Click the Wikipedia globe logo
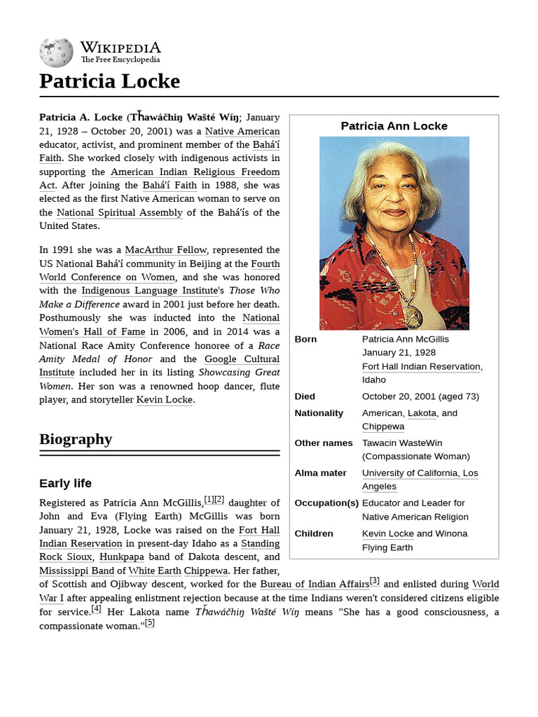(56, 52)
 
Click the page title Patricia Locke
(109, 81)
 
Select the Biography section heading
(76, 439)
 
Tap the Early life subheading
(65, 483)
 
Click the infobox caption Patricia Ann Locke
(394, 126)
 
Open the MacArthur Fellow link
(166, 250)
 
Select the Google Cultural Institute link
(242, 359)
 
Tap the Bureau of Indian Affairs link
(314, 584)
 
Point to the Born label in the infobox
(305, 339)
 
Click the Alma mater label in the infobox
(320, 473)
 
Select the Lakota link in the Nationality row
(422, 413)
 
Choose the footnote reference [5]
(149, 623)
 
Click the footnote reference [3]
(375, 580)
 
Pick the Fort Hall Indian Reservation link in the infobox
(421, 366)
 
